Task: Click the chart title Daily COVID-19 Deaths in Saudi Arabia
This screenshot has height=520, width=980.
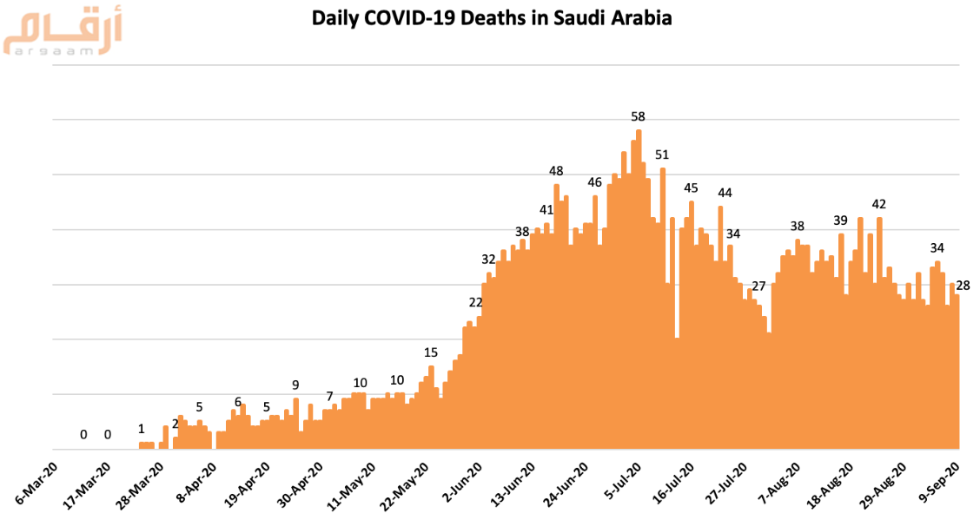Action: (492, 17)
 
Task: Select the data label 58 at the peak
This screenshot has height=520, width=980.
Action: (638, 116)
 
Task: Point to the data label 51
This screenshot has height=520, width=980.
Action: (662, 155)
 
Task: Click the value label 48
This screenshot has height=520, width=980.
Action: (557, 171)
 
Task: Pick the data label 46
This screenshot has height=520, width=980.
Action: (595, 182)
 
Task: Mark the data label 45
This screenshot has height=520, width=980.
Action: (691, 188)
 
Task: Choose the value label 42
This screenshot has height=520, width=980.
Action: (879, 204)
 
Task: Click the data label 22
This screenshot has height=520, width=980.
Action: (475, 302)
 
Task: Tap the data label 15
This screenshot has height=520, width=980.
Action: (431, 352)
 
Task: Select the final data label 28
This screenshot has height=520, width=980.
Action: (963, 285)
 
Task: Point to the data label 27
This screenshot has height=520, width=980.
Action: (758, 286)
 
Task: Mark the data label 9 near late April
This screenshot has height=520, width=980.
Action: (295, 385)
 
